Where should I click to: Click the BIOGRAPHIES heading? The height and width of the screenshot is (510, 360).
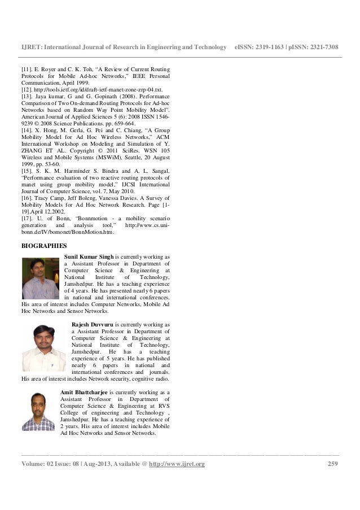click(x=43, y=246)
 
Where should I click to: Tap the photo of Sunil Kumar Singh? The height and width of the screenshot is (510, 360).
click(x=41, y=279)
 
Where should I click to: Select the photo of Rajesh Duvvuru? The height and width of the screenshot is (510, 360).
click(x=43, y=348)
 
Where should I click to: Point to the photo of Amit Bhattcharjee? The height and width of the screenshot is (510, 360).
click(x=38, y=412)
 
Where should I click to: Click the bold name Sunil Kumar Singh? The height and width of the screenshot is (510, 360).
click(x=89, y=256)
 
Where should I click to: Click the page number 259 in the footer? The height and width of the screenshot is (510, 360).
click(x=333, y=464)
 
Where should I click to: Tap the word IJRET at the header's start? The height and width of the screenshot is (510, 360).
click(x=30, y=47)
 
